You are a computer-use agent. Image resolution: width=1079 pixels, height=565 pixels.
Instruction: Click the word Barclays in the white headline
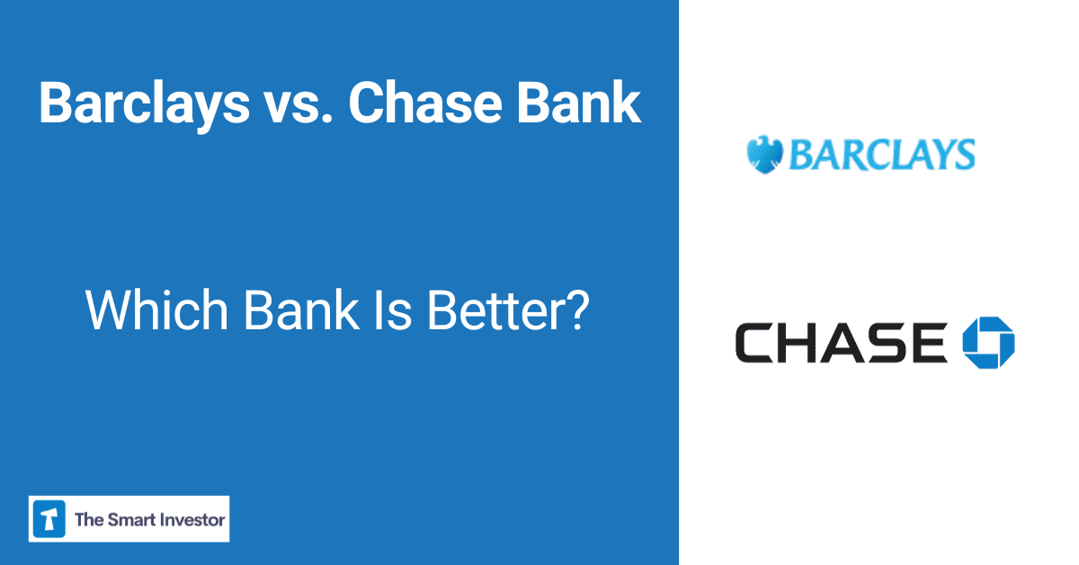tap(144, 104)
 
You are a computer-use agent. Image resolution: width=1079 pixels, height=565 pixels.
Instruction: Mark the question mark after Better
tap(579, 309)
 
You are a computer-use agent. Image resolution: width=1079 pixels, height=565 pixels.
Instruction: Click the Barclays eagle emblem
tap(764, 155)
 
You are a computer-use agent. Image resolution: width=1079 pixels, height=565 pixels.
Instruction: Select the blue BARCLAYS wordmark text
tap(881, 155)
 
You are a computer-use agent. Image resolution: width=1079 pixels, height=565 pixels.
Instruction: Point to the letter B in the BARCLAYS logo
tap(801, 155)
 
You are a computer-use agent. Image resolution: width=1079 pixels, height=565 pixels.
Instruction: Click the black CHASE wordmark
tap(841, 343)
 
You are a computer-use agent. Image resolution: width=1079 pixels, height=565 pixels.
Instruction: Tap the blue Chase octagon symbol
tap(988, 343)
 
